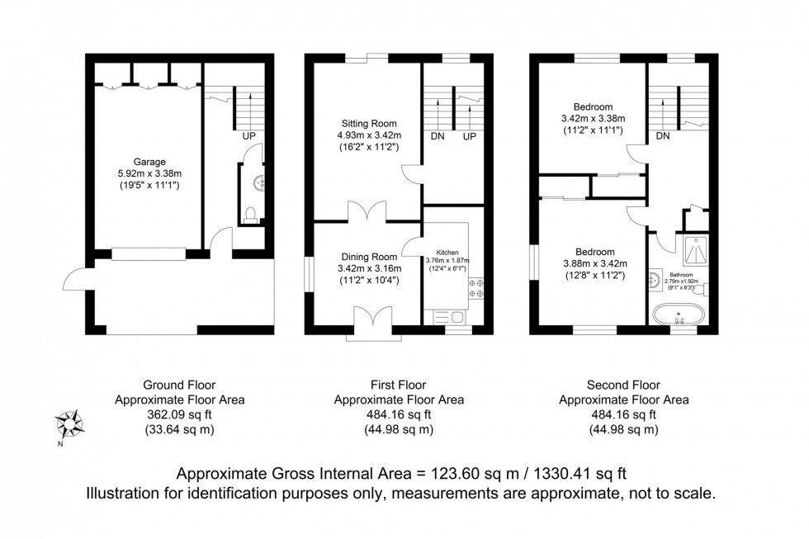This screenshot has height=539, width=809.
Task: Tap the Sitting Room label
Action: coord(364,123)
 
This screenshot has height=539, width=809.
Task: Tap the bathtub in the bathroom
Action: coord(675,315)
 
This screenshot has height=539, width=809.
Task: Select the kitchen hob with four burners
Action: coord(476,287)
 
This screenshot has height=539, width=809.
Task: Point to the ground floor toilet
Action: coord(253,215)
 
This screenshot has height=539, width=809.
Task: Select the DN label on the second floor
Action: coord(663,135)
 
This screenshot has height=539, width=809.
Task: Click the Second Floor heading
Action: coord(623,385)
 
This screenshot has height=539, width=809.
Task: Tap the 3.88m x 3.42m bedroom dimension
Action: coord(594,264)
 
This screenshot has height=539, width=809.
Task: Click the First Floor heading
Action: coord(398,385)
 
